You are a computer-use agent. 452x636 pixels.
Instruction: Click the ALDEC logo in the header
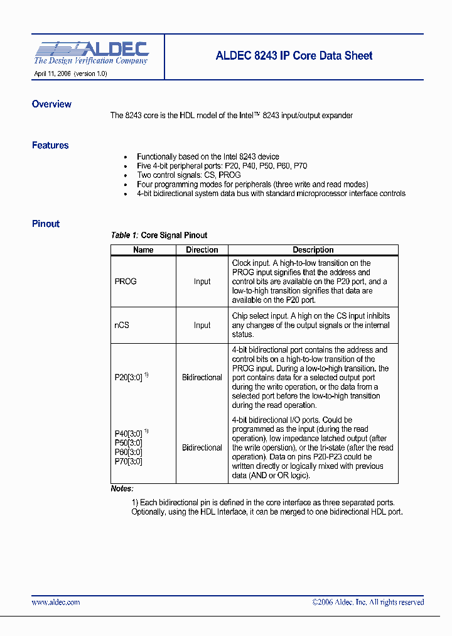pyautogui.click(x=91, y=53)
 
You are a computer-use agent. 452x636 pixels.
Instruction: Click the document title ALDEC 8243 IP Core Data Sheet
pyautogui.click(x=294, y=55)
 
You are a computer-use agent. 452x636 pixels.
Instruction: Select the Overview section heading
pyautogui.click(x=51, y=104)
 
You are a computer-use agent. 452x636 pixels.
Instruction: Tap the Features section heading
pyautogui.click(x=50, y=145)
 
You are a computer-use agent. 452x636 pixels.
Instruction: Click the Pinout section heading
pyautogui.click(x=46, y=224)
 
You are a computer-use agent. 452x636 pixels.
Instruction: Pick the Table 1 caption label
pyautogui.click(x=124, y=235)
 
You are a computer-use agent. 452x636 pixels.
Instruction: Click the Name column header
pyautogui.click(x=143, y=249)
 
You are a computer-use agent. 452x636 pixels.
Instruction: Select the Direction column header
pyautogui.click(x=202, y=249)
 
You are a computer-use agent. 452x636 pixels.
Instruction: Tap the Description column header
pyautogui.click(x=313, y=249)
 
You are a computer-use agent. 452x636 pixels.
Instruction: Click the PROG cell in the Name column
pyautogui.click(x=126, y=282)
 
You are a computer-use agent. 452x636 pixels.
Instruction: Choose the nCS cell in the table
pyautogui.click(x=122, y=325)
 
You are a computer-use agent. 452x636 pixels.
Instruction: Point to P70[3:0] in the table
pyautogui.click(x=128, y=461)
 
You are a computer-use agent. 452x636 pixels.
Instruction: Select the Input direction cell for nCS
pyautogui.click(x=202, y=325)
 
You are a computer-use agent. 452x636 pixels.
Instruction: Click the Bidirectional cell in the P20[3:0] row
pyautogui.click(x=202, y=377)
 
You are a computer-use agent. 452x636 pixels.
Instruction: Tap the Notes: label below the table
pyautogui.click(x=122, y=488)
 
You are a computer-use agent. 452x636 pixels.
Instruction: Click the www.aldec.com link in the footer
pyautogui.click(x=56, y=602)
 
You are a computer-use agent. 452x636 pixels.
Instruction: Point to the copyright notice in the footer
pyautogui.click(x=368, y=602)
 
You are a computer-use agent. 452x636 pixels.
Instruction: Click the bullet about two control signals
pyautogui.click(x=188, y=175)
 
